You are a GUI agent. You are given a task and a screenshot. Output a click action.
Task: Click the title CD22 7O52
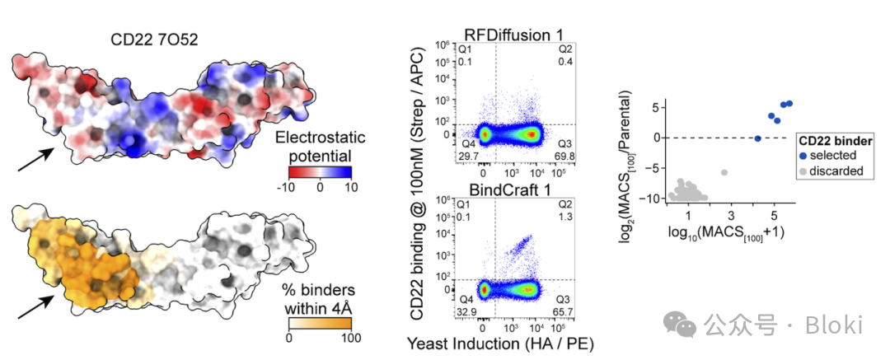[x=154, y=39]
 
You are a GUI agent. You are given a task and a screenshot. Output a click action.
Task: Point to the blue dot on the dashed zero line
[x=758, y=138]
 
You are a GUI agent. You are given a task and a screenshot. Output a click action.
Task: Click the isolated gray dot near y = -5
[x=724, y=172]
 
